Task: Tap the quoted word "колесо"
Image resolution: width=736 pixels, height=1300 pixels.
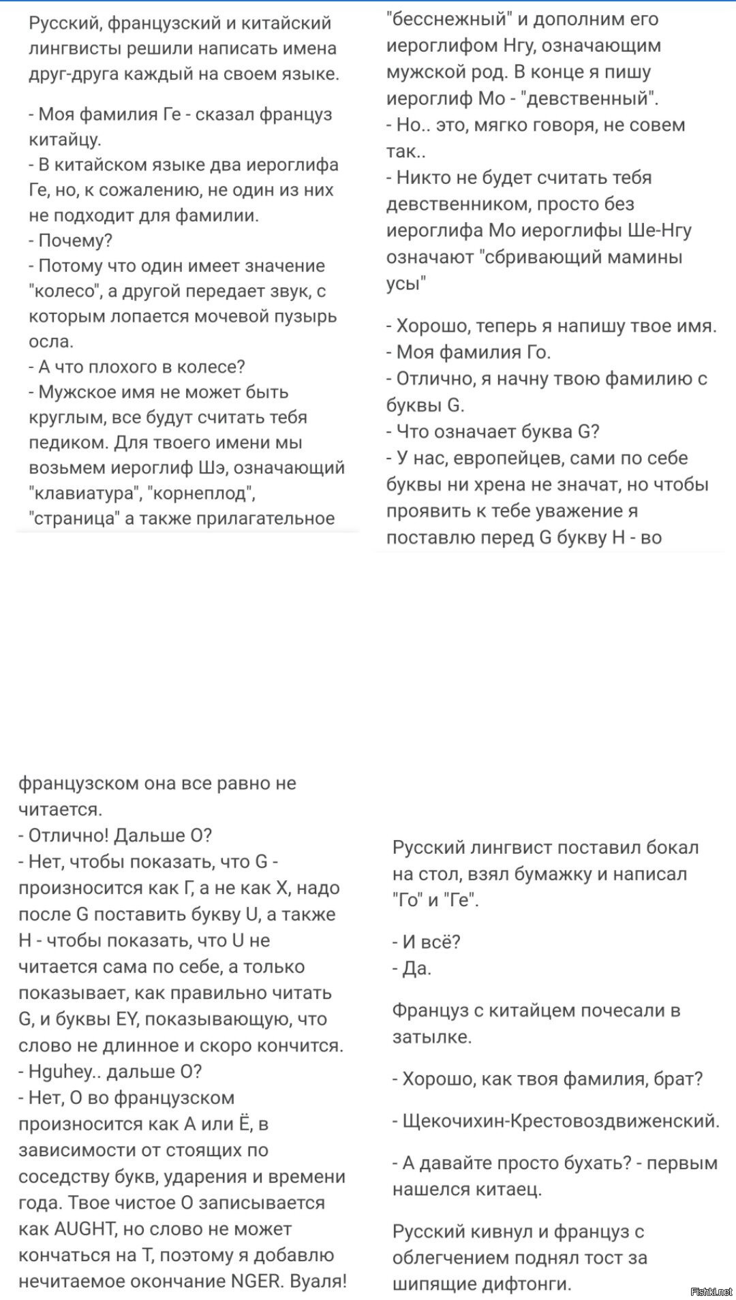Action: pos(65,291)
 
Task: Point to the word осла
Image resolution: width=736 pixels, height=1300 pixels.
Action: pos(50,341)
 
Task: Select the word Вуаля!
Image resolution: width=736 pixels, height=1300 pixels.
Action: pos(318,1281)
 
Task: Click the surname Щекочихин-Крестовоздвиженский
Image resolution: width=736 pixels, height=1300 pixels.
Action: pos(561,1121)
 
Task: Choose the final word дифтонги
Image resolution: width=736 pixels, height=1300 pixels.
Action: pos(525,1284)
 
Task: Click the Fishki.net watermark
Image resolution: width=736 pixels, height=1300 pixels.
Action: pos(711,1291)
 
